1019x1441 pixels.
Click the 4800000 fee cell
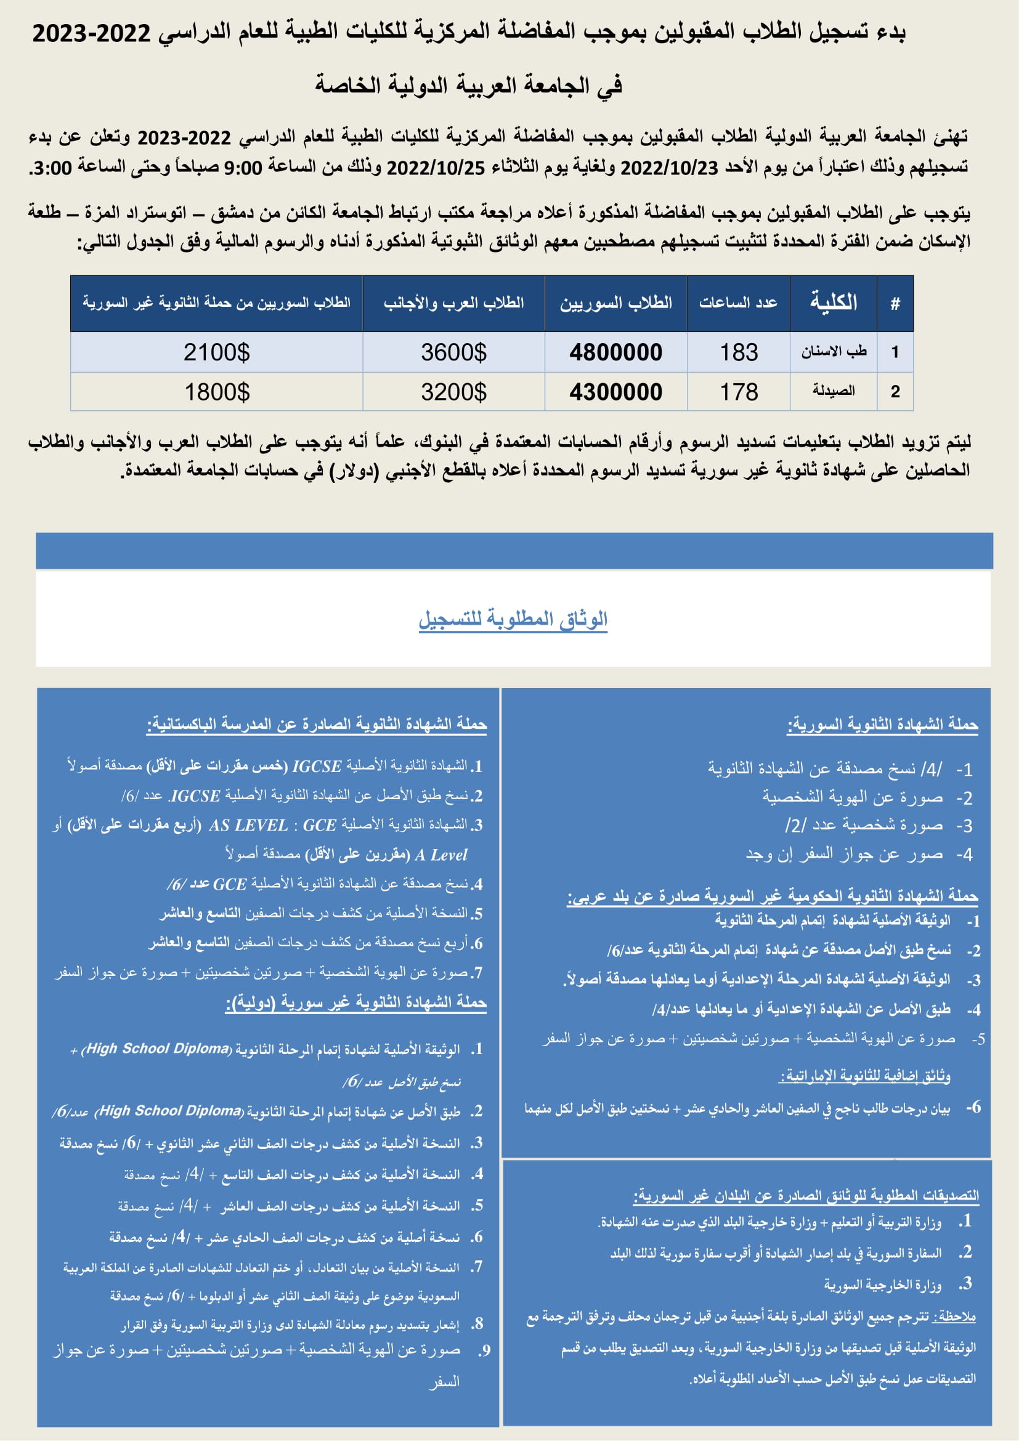pyautogui.click(x=615, y=353)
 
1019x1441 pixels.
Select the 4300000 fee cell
pyautogui.click(x=615, y=392)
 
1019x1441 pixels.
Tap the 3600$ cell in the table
pyautogui.click(x=453, y=353)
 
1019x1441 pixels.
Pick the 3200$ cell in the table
pyautogui.click(x=453, y=392)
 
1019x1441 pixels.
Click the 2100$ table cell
pyautogui.click(x=216, y=353)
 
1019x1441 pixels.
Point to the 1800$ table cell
pyautogui.click(x=216, y=392)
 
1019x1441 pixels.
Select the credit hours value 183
pyautogui.click(x=739, y=353)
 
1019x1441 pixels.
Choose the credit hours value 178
pyautogui.click(x=739, y=392)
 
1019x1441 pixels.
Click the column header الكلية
pyautogui.click(x=834, y=302)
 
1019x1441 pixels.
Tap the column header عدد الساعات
pyautogui.click(x=738, y=303)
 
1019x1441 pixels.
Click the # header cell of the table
pyautogui.click(x=895, y=304)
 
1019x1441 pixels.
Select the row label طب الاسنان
pyautogui.click(x=834, y=351)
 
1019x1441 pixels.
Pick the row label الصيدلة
pyautogui.click(x=834, y=391)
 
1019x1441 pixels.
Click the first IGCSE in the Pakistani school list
pyautogui.click(x=317, y=766)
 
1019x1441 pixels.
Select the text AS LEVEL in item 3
pyautogui.click(x=248, y=826)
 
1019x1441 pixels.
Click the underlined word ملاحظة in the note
pyautogui.click(x=956, y=1317)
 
